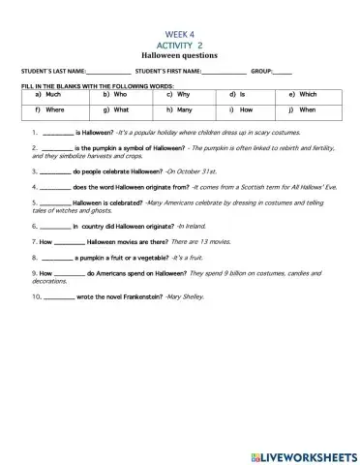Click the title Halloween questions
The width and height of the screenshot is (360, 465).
point(179,55)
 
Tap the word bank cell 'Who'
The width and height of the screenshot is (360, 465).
point(120,96)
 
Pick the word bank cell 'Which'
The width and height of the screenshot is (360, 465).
point(308,96)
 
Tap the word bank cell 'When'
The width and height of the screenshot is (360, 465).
point(307,110)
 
